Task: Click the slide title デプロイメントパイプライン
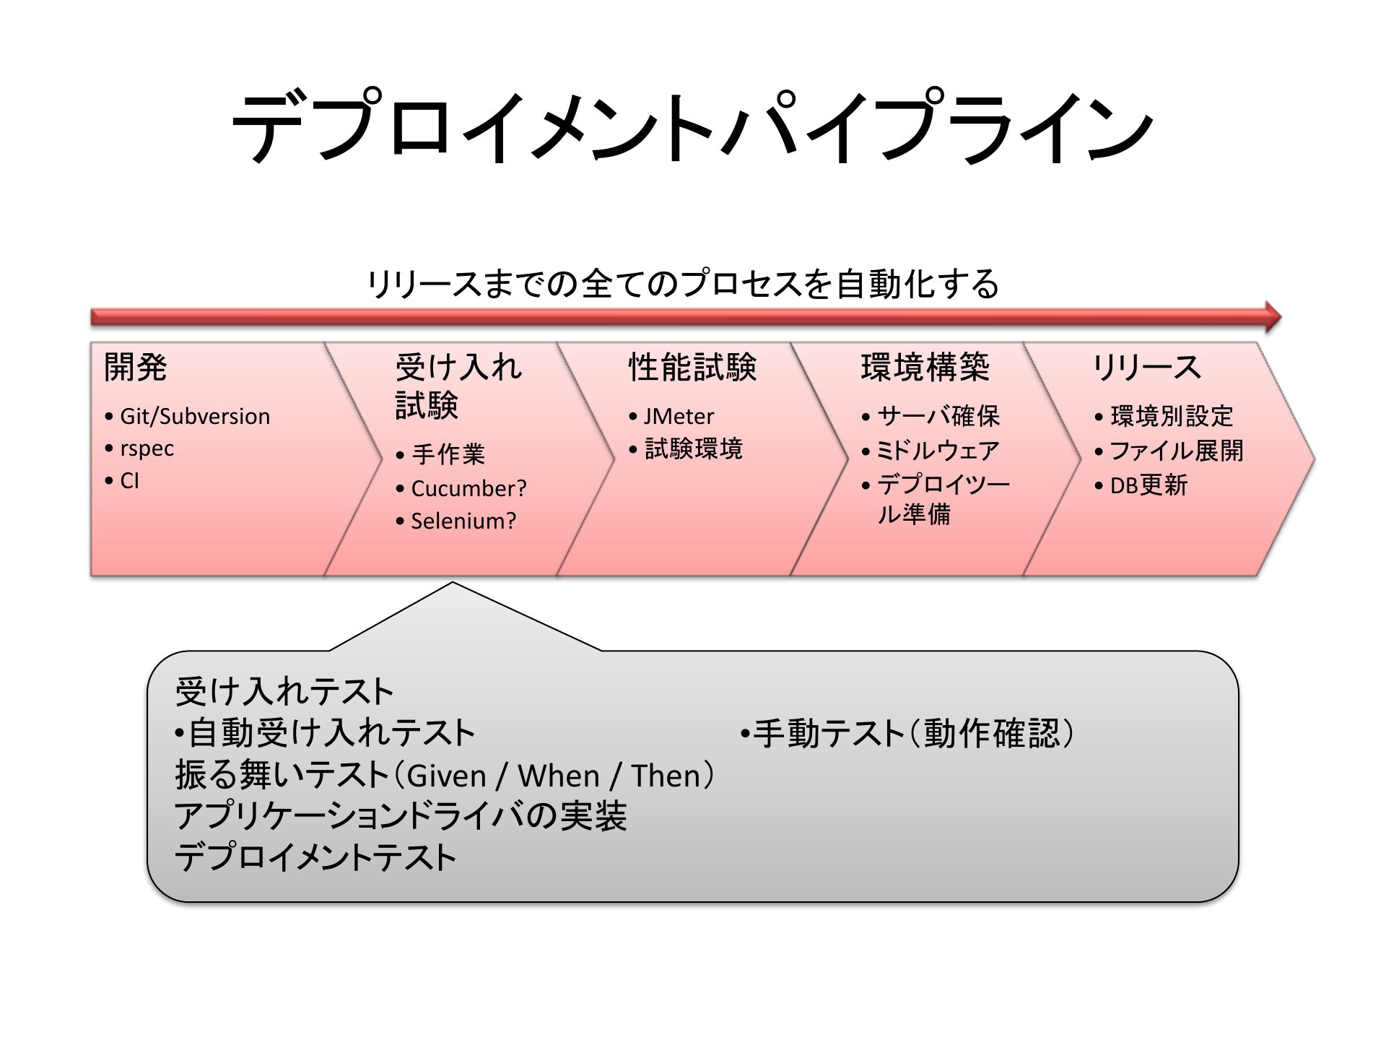tap(692, 127)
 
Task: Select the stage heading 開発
tap(136, 367)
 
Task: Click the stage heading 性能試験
tap(692, 367)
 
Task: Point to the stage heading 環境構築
tap(925, 367)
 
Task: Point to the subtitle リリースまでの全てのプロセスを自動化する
tap(684, 283)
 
